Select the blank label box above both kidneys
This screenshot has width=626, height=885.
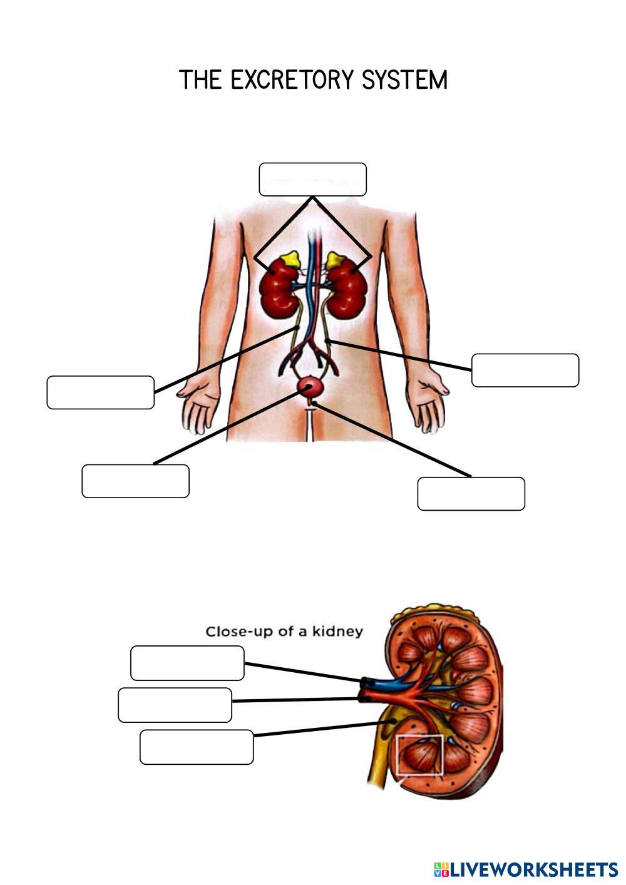coord(312,180)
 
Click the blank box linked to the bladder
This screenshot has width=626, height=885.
coord(135,481)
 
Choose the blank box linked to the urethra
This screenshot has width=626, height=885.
coord(471,494)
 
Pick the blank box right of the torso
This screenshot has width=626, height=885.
coord(525,370)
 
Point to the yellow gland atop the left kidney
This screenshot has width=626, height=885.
coord(289,258)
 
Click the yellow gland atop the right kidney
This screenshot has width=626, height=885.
coord(336,258)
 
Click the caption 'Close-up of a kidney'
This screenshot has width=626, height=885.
coord(284,631)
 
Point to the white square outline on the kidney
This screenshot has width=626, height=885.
coord(420,755)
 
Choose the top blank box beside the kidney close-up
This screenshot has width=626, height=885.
coord(187,663)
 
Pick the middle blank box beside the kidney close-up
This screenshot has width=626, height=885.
coord(175,705)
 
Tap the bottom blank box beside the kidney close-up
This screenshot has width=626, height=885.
coord(197,747)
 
